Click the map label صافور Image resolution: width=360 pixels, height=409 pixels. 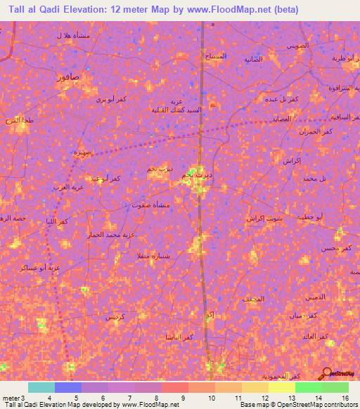[67, 77]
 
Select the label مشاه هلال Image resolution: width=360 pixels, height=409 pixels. [72, 35]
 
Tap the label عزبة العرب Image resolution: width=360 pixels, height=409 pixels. [71, 187]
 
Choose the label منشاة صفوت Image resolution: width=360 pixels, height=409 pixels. [150, 204]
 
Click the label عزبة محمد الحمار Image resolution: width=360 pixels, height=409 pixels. [108, 233]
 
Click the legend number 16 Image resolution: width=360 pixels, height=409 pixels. [345, 398]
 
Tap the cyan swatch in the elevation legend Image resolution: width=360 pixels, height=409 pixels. [41, 387]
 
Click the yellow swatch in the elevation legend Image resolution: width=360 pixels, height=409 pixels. [282, 387]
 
